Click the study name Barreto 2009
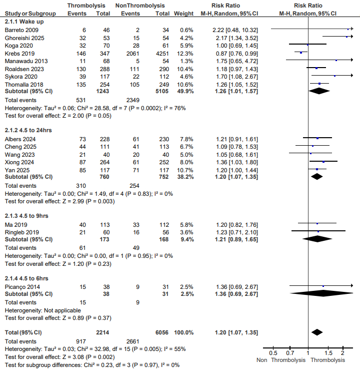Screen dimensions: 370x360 tap(19, 31)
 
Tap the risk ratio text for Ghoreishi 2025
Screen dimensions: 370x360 tap(231, 38)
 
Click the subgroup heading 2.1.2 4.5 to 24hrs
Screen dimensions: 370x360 tap(29, 130)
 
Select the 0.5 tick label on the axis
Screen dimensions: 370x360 tap(273, 353)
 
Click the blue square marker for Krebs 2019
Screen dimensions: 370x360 tap(300, 53)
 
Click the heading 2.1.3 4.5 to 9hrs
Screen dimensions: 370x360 tap(28, 215)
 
